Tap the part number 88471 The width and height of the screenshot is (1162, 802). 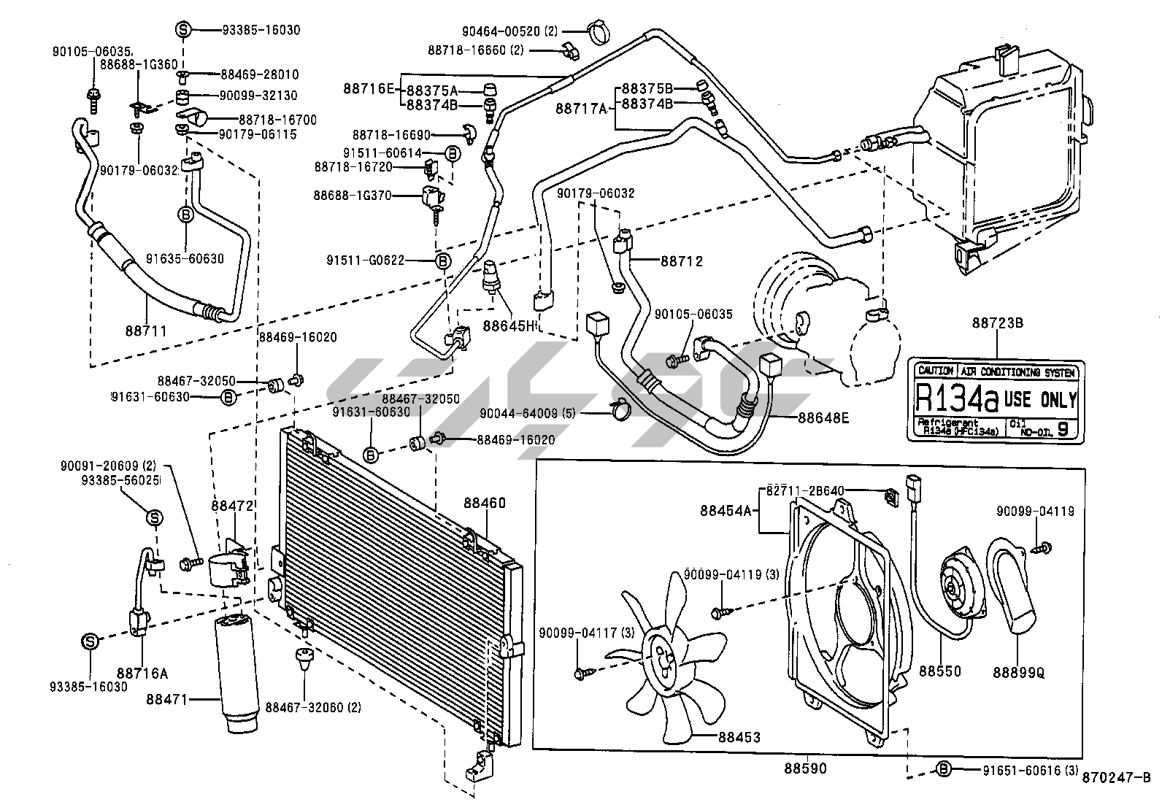tap(188, 699)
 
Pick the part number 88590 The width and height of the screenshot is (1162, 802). tap(806, 768)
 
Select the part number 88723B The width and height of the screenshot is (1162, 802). tap(993, 342)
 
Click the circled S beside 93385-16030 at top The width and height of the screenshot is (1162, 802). tap(183, 30)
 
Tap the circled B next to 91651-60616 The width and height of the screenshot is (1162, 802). tap(944, 768)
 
